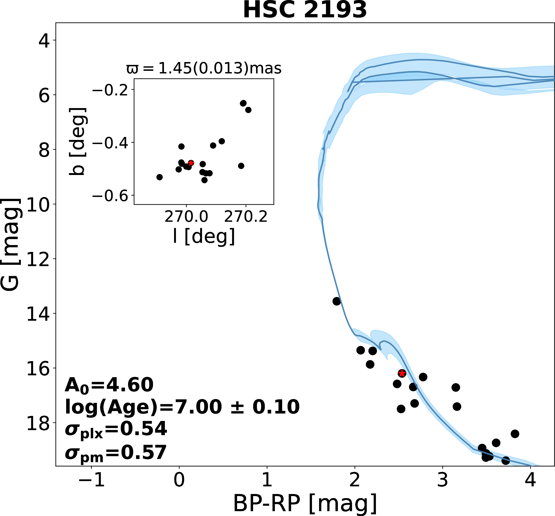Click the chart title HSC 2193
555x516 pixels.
click(305, 10)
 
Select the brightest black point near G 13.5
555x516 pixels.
click(337, 301)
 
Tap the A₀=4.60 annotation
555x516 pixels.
click(109, 385)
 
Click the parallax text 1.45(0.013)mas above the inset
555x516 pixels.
click(204, 68)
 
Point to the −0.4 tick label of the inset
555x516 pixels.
click(110, 143)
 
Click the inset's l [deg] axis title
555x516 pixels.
click(204, 236)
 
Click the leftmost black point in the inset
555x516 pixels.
click(159, 177)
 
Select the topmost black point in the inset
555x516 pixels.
click(243, 103)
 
